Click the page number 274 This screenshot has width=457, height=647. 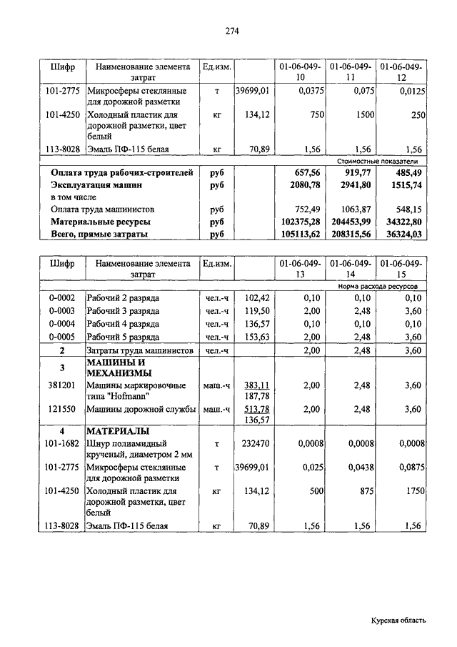231,31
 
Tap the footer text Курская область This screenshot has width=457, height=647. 398,621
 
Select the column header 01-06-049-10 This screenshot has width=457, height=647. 299,71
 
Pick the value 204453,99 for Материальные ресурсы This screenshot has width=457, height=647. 349,222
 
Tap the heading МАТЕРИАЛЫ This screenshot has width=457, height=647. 118,432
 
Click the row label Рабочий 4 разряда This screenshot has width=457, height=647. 123,324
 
